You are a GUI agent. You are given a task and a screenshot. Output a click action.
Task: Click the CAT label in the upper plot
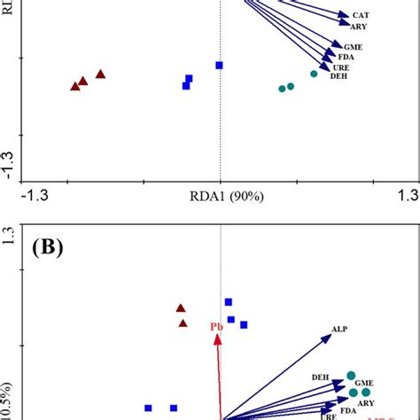[x=361, y=15]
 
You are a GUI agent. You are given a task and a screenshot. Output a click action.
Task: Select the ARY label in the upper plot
[x=361, y=27]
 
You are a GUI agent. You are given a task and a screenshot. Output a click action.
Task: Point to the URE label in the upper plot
[x=341, y=67]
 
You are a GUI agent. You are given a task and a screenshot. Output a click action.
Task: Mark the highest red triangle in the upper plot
[x=100, y=74]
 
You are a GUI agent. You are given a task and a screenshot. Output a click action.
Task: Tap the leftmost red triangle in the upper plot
[x=74, y=86]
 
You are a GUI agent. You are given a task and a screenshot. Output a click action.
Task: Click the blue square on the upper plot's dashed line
[x=220, y=65]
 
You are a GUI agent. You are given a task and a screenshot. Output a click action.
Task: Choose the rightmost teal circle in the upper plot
[x=314, y=74]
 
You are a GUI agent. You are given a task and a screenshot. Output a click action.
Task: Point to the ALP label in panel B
[x=339, y=330]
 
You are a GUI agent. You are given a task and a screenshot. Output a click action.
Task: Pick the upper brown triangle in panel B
[x=181, y=308]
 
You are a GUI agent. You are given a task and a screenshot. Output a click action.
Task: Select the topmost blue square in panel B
[x=229, y=302]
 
